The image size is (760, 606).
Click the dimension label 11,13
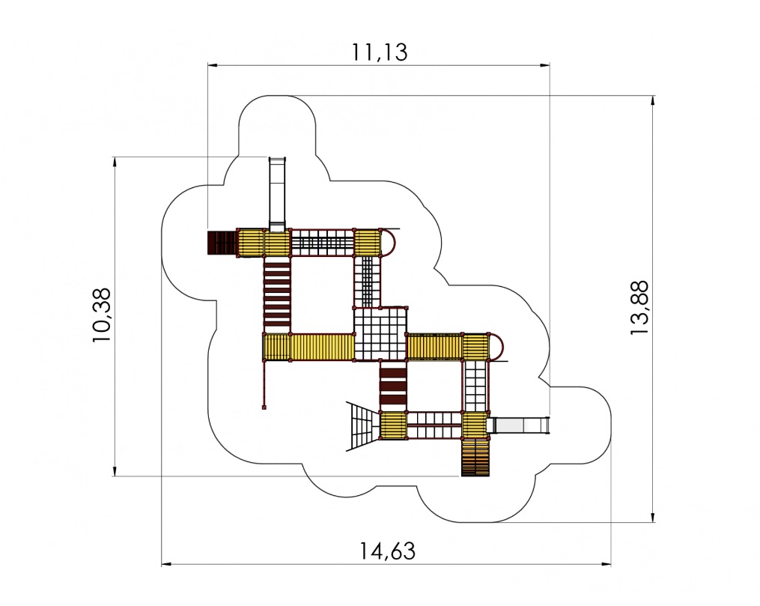[x=379, y=52]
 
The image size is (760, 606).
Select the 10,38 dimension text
[x=102, y=315]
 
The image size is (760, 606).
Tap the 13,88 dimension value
[x=639, y=307]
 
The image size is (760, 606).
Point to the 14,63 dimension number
[x=387, y=551]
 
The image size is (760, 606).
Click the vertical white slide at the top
[x=277, y=194]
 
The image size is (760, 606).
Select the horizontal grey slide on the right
[x=518, y=425]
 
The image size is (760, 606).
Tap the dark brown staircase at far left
[x=222, y=243]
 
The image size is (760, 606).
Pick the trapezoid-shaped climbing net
[x=362, y=426]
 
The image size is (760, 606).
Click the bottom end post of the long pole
[x=264, y=407]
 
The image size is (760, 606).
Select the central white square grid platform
[x=380, y=334]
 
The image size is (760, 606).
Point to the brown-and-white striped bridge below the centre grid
[x=392, y=386]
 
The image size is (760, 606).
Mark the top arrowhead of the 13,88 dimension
[x=653, y=100]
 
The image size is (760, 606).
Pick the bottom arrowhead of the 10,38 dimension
[x=115, y=471]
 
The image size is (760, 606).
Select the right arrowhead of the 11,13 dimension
[x=545, y=64]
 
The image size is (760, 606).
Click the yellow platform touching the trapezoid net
[x=393, y=425]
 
